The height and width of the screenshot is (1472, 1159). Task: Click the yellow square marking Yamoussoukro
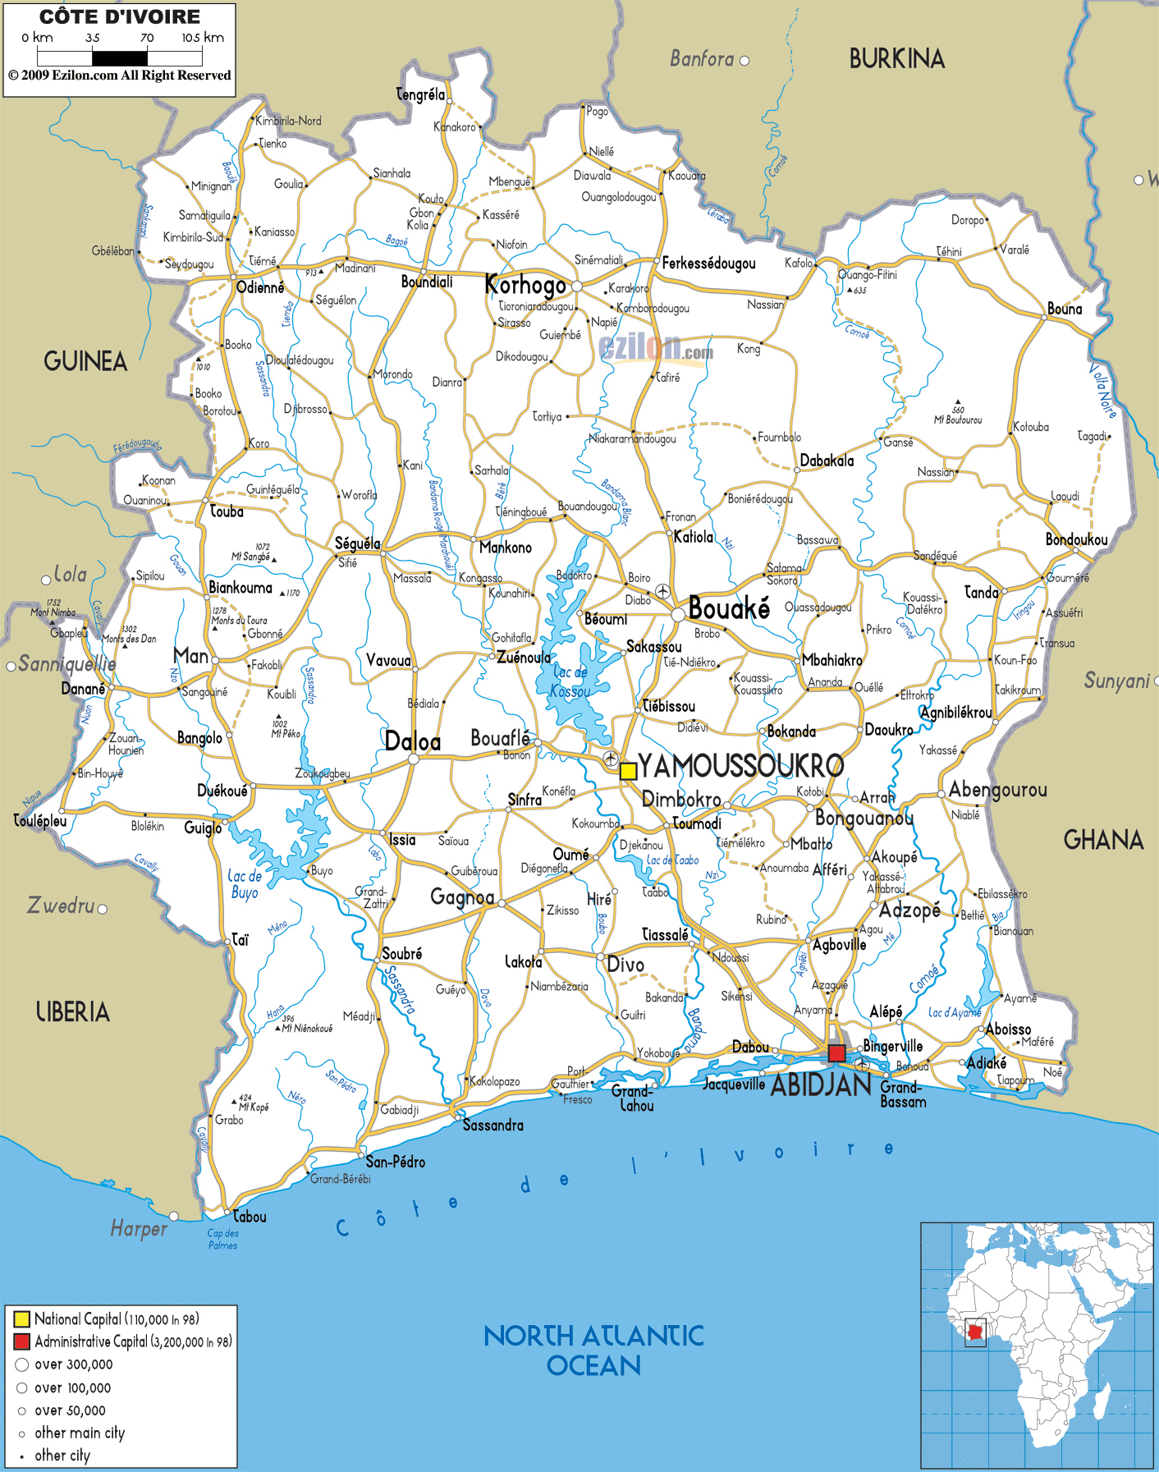pyautogui.click(x=628, y=771)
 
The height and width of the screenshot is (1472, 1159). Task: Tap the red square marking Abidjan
pyautogui.click(x=836, y=1053)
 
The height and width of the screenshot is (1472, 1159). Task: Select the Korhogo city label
pyautogui.click(x=525, y=286)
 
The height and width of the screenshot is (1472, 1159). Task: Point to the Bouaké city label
pyautogui.click(x=729, y=609)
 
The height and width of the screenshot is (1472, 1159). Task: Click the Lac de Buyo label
pyautogui.click(x=245, y=884)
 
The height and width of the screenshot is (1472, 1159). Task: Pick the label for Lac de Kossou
pyautogui.click(x=570, y=682)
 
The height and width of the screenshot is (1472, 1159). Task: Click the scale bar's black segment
pyautogui.click(x=120, y=58)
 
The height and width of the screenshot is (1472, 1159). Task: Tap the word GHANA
pyautogui.click(x=1103, y=840)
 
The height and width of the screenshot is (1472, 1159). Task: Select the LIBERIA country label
pyautogui.click(x=72, y=1012)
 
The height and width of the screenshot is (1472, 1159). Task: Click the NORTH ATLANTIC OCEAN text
pyautogui.click(x=593, y=1350)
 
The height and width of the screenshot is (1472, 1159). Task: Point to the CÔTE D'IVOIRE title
pyautogui.click(x=120, y=16)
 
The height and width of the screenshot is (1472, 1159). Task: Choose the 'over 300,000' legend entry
pyautogui.click(x=73, y=1364)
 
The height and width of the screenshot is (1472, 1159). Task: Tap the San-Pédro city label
pyautogui.click(x=395, y=1162)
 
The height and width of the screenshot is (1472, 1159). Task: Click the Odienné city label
pyautogui.click(x=260, y=287)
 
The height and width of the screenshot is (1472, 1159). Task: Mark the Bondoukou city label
pyautogui.click(x=1076, y=539)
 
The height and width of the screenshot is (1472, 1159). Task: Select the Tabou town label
pyautogui.click(x=250, y=1217)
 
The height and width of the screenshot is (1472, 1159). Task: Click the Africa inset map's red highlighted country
pyautogui.click(x=975, y=1332)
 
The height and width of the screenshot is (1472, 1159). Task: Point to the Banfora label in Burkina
pyautogui.click(x=702, y=59)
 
